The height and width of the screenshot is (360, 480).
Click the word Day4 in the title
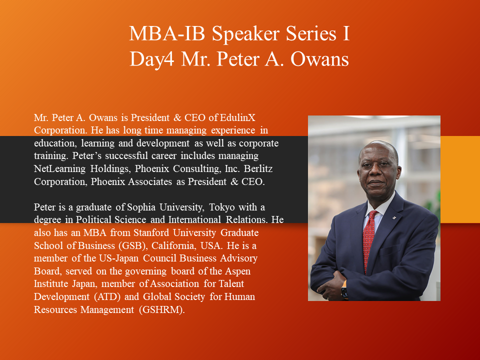tap(152, 59)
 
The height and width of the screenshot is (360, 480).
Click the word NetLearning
tap(59, 169)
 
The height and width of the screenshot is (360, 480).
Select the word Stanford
tap(150, 232)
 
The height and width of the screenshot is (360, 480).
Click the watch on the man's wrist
tap(344, 290)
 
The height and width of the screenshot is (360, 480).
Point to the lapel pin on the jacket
tap(394, 218)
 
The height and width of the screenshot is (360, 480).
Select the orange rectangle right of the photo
tap(460, 179)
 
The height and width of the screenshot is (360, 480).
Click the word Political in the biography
tap(95, 220)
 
